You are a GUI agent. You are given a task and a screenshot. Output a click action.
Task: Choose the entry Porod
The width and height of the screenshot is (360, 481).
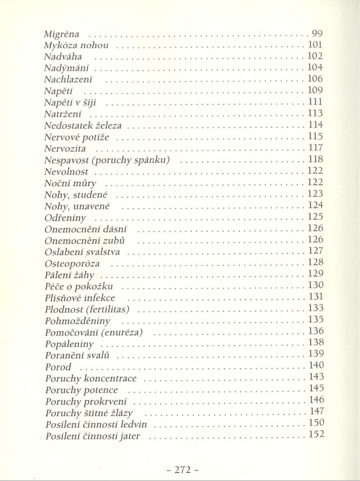point(58,366)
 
